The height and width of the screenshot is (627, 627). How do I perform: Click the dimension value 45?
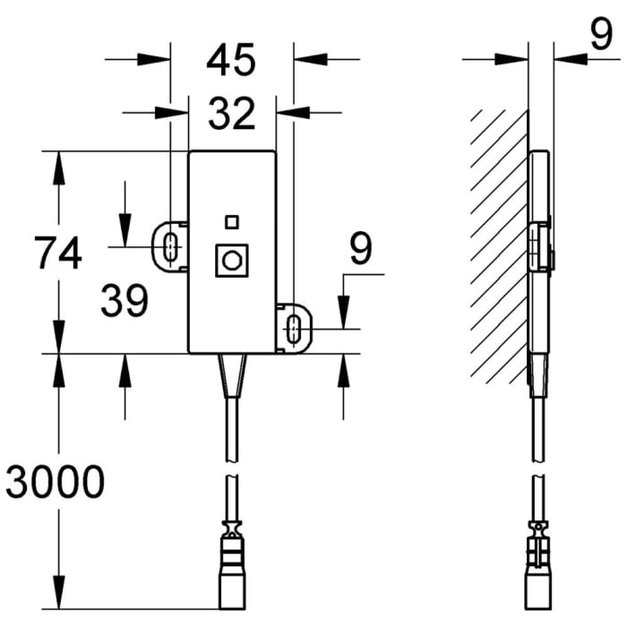coord(231,61)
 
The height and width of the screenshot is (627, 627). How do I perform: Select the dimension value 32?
coord(231,114)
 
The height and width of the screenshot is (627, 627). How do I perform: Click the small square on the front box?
coord(232,221)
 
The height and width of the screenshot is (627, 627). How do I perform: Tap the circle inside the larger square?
coord(232,261)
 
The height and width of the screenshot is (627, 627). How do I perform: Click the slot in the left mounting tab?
coord(170,245)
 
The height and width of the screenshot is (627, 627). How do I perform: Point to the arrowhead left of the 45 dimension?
coord(160,60)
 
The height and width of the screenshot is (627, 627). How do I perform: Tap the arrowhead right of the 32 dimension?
coord(287,113)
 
